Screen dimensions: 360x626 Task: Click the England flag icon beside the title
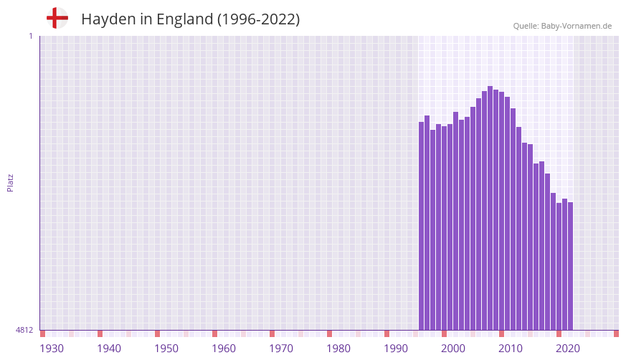tap(57, 18)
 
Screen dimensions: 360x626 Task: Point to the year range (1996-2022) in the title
tap(258, 19)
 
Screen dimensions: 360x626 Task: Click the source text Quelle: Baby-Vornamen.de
tap(562, 26)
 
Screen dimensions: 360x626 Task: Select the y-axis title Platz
tap(10, 182)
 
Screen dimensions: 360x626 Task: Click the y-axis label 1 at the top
tap(30, 36)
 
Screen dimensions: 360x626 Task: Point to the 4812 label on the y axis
tap(24, 330)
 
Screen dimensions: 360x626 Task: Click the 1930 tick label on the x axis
tap(52, 349)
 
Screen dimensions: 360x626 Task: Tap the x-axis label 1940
tap(109, 349)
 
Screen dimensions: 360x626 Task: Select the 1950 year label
tap(166, 349)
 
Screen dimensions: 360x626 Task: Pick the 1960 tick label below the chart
tap(224, 349)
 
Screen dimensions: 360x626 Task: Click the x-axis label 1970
tap(281, 349)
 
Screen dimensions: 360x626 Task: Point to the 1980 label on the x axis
tap(338, 349)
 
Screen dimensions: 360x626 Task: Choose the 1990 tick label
tap(396, 349)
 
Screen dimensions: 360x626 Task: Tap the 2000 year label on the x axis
tap(453, 349)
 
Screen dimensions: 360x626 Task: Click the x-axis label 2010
tap(511, 349)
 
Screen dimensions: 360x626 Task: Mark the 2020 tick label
tap(568, 349)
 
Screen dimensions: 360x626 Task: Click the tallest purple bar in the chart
tap(490, 208)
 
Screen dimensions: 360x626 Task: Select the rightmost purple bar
tap(570, 265)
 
